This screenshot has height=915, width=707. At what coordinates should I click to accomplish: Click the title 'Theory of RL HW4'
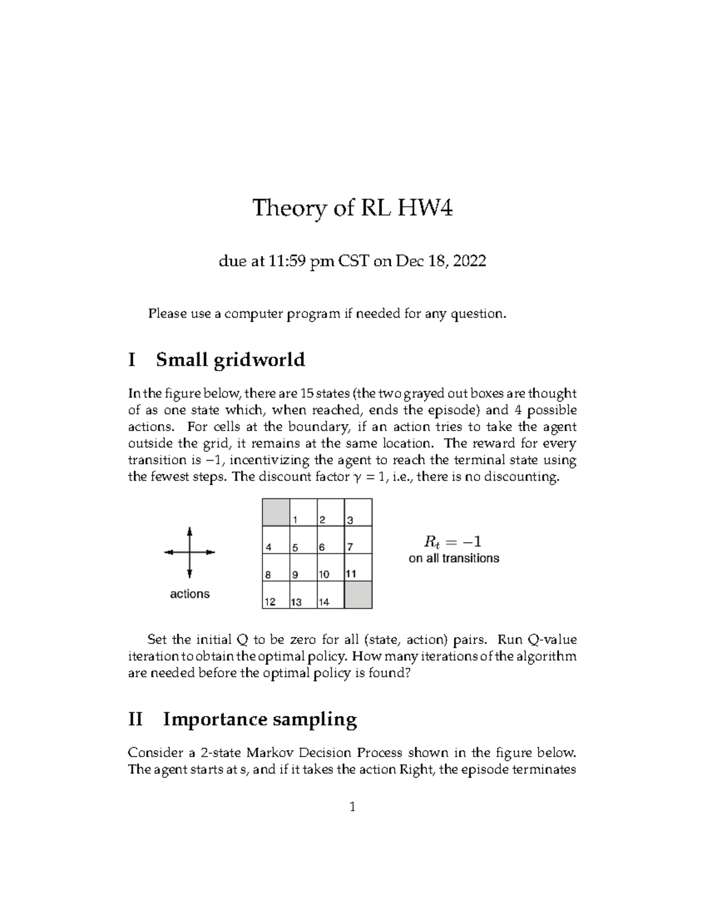[x=353, y=208]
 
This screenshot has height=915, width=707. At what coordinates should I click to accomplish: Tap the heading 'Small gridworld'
[x=230, y=359]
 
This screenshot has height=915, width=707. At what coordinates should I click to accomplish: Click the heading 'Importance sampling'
[x=260, y=719]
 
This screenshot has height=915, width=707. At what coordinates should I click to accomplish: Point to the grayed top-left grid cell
[x=276, y=512]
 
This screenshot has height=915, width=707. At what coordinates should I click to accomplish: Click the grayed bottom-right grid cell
[x=358, y=595]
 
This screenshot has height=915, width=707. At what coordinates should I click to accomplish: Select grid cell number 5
[x=303, y=540]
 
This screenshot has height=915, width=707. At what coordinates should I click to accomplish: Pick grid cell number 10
[x=331, y=567]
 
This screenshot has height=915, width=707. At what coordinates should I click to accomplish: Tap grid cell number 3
[x=358, y=512]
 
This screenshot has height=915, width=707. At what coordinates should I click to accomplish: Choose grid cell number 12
[x=276, y=595]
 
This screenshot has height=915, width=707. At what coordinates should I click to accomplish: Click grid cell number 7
[x=358, y=540]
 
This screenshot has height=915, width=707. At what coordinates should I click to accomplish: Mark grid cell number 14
[x=331, y=595]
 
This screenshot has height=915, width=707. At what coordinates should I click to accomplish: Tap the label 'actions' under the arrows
[x=190, y=594]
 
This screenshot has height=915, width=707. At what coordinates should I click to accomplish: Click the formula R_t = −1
[x=453, y=541]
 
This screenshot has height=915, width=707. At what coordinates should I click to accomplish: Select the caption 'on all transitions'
[x=454, y=558]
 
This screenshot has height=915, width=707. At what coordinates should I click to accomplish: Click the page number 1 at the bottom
[x=352, y=807]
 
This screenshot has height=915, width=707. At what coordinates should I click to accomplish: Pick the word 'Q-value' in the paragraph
[x=554, y=640]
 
